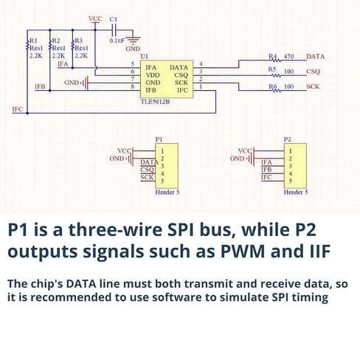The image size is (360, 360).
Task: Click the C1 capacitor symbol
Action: [x=114, y=30]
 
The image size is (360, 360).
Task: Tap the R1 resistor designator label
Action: [x=33, y=41]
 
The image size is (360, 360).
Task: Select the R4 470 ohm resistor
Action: [x=277, y=60]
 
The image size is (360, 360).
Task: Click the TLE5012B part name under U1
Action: [x=155, y=102]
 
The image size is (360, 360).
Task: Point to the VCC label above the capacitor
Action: [x=95, y=18]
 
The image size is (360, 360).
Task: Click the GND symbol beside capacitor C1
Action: [x=133, y=39]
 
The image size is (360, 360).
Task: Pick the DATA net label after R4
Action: [x=315, y=57]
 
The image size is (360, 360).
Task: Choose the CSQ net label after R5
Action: [x=313, y=72]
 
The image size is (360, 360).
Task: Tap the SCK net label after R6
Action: [x=313, y=86]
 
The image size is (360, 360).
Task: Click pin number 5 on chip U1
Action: [x=133, y=64]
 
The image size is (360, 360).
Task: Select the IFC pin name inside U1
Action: [x=182, y=90]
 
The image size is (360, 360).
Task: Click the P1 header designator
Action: [x=159, y=139]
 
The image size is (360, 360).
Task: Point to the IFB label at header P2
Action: [x=266, y=170]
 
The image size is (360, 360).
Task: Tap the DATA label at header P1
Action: [x=149, y=162]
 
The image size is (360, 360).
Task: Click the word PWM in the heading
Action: [x=243, y=251]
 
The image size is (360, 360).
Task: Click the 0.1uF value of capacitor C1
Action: [x=117, y=41]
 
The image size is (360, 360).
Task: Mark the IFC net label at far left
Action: [x=18, y=109]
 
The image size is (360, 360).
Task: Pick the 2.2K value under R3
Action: [x=81, y=56]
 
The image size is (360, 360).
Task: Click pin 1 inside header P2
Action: [x=291, y=151]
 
